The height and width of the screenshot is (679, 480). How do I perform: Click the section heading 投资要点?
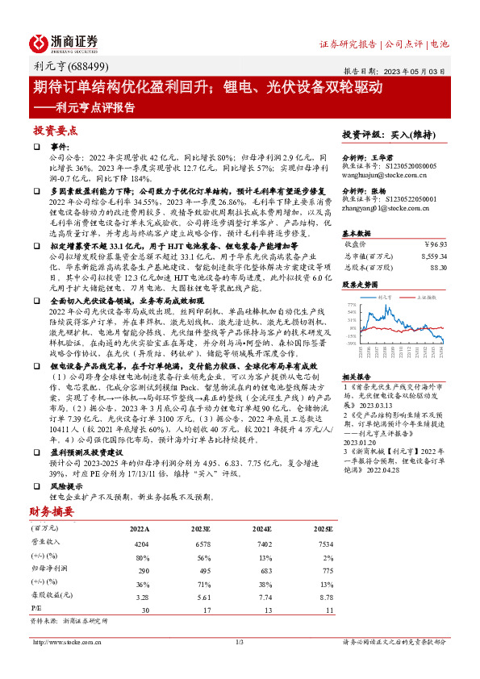click(x=55, y=131)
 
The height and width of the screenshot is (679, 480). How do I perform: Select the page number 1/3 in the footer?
click(x=239, y=642)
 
